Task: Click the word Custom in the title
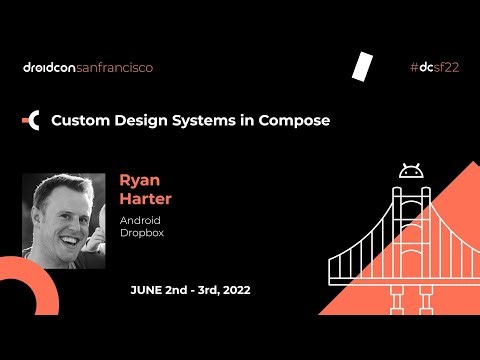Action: [x=80, y=121]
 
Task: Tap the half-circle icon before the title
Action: [x=32, y=121]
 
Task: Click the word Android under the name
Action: [x=140, y=220]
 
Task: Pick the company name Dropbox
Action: [x=141, y=233]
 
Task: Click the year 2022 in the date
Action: [x=231, y=290]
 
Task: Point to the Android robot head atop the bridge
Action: [x=411, y=170]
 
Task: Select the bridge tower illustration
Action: [x=410, y=230]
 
